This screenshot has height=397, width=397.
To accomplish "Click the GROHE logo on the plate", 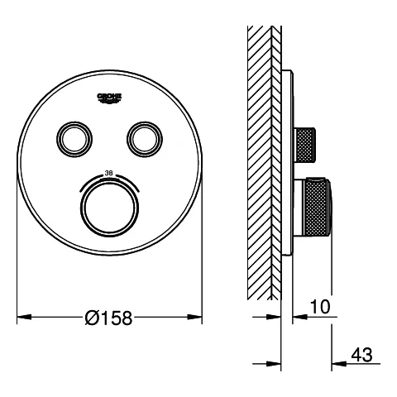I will pyautogui.click(x=110, y=98).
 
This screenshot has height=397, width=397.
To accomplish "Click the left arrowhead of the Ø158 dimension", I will pyautogui.click(x=23, y=317).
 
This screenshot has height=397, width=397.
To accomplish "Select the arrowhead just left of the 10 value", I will pyautogui.click(x=300, y=317).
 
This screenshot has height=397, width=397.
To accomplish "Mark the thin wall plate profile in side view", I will pyautogui.click(x=286, y=165).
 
